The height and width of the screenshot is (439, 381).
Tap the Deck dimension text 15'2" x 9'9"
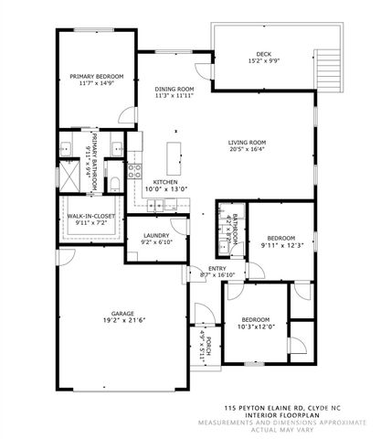point(264,63)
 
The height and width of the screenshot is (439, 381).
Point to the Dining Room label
point(174,88)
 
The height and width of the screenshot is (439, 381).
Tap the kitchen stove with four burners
point(134,168)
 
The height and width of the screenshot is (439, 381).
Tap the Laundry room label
point(157,236)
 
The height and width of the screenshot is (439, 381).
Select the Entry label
point(217,268)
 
